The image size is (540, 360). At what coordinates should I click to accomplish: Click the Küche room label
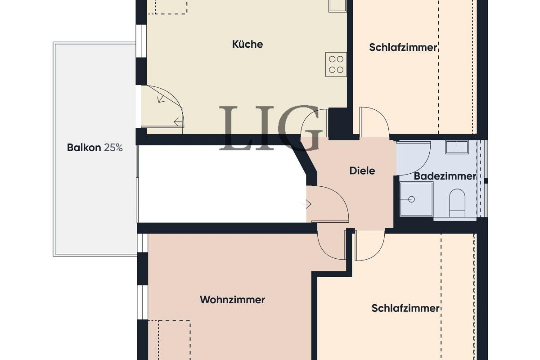pos(247,44)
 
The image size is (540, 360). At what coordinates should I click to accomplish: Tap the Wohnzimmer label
pos(232,300)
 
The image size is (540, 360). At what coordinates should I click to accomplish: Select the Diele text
pos(362,171)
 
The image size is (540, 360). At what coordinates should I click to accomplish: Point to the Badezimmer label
pos(445,176)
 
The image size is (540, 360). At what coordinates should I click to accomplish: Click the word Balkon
pos(84,148)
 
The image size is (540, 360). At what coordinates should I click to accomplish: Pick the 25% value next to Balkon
pos(113,148)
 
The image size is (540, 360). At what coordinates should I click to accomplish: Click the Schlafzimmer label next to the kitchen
pos(403,47)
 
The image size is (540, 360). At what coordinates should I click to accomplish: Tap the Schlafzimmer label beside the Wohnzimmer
pos(405,308)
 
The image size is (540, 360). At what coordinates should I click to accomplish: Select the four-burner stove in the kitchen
pos(336,64)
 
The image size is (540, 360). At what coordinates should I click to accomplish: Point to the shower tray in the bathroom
pos(416,199)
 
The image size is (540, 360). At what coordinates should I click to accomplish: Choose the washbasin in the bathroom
pos(457,147)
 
